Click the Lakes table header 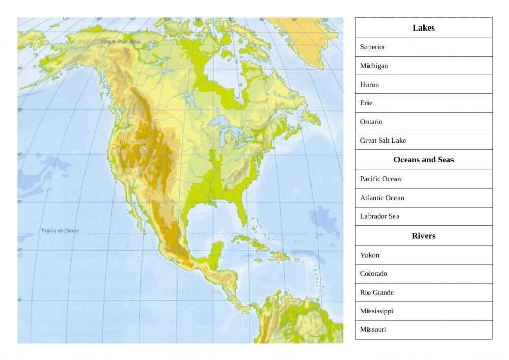point(423,28)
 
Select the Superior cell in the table point(423,47)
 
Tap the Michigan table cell point(423,66)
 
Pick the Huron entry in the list point(423,85)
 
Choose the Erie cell point(423,103)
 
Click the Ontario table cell point(423,122)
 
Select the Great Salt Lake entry point(423,141)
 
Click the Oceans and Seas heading point(423,160)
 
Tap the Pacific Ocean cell point(423,179)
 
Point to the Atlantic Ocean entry point(423,198)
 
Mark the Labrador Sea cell point(423,216)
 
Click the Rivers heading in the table point(423,236)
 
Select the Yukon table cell point(423,255)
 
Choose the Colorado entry point(423,274)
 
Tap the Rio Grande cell point(423,292)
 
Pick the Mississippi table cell point(423,311)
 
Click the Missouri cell point(423,329)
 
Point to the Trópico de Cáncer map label point(60,231)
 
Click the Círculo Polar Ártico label point(121,41)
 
